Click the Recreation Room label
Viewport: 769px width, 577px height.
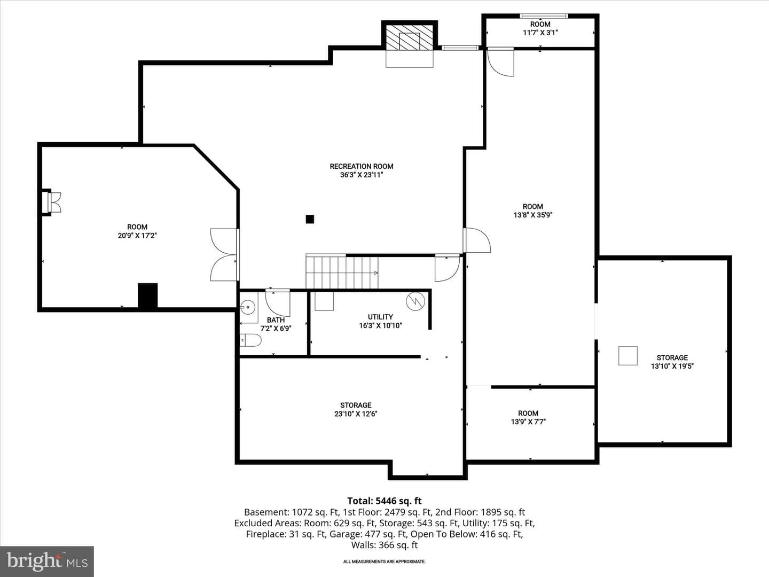361,166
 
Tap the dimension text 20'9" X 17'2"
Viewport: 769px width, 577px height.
137,236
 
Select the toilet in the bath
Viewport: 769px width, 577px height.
250,340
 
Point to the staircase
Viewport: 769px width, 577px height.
342,271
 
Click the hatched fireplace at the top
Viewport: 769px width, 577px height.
409,37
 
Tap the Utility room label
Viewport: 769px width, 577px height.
380,317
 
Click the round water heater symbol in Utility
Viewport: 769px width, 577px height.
415,301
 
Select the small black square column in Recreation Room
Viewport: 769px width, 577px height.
310,219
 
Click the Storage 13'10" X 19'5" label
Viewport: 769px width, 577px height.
672,362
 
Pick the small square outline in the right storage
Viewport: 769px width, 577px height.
628,356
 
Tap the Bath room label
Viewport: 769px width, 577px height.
276,320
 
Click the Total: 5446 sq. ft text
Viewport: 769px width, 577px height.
384,501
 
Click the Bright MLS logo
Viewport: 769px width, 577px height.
47,562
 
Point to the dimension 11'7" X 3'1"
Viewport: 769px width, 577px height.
540,33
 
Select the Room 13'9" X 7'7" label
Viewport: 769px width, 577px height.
528,417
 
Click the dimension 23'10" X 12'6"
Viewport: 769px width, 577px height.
356,414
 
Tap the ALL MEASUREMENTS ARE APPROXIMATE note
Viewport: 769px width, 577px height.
384,561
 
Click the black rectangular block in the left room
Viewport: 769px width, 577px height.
147,295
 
